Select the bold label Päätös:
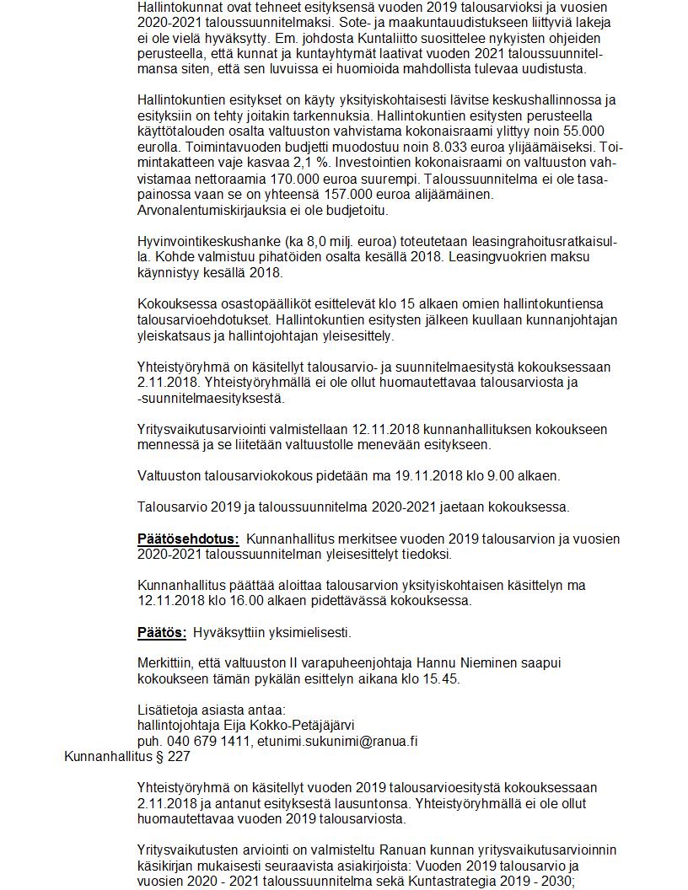[x=162, y=632]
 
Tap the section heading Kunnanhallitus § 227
[x=126, y=756]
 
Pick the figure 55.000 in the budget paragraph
[x=580, y=130]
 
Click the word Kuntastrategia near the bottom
[x=450, y=882]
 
